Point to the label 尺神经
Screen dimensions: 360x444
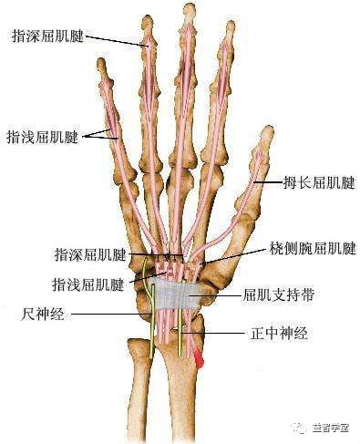[x=41, y=313]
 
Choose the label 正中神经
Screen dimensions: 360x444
[x=277, y=334]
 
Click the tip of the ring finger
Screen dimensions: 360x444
[x=146, y=20]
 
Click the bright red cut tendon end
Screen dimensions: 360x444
[x=198, y=362]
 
